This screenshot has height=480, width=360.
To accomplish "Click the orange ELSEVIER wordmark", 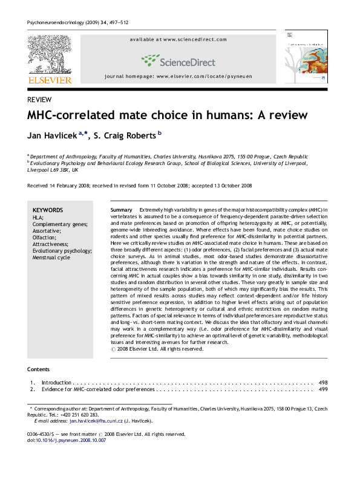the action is coord(50,80).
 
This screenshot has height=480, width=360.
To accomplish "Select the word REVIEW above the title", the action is coord(39,100).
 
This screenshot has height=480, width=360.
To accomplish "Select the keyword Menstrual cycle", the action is coord(51,258).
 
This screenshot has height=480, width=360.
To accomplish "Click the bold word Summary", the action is coord(122,209).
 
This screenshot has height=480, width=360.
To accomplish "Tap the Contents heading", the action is coord(39,369).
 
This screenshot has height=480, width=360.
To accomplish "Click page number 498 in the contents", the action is coord(323,383).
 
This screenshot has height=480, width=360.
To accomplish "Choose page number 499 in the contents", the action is coord(323,390).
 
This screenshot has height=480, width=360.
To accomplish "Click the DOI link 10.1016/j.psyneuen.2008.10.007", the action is coord(71,440).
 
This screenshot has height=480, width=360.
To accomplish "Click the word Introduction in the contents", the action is coord(56,383).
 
